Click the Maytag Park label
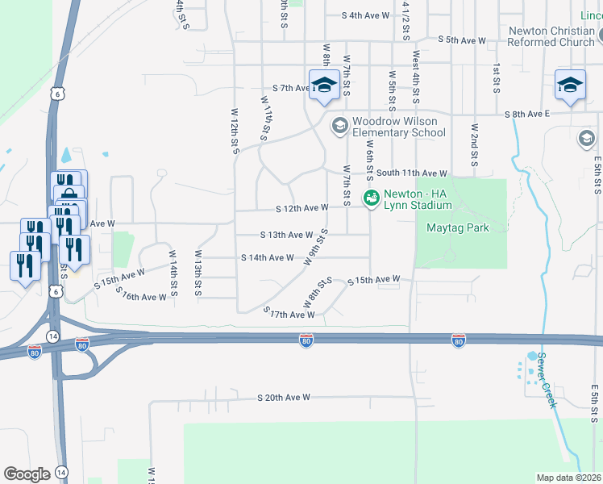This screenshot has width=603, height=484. [458, 227]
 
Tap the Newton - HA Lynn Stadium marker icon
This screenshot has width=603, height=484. [372, 198]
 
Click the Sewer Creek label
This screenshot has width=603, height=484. [547, 380]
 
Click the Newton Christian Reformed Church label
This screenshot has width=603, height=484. [551, 36]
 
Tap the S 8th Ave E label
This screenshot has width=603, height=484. [526, 115]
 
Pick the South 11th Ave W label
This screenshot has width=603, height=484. [411, 173]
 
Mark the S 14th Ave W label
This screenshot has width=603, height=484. [268, 257]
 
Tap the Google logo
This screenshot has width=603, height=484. [27, 474]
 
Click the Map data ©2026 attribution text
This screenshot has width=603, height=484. [569, 478]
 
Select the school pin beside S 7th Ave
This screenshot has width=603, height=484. [324, 86]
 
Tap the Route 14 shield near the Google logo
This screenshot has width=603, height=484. [62, 473]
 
